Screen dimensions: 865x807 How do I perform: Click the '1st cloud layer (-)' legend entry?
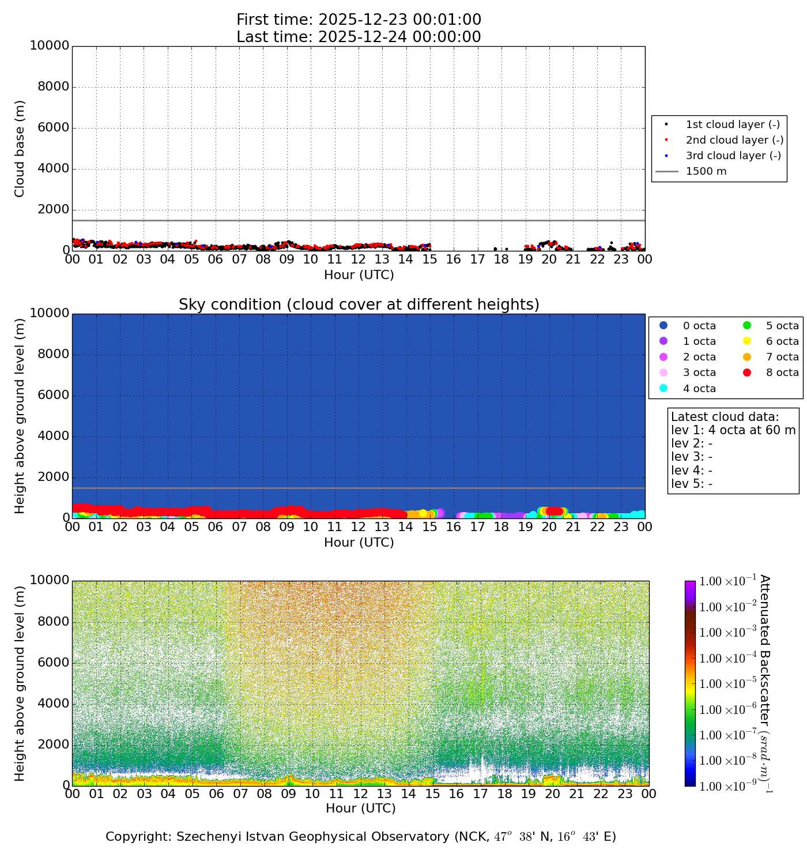732,125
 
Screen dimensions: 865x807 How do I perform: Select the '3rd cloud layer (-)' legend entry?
733,156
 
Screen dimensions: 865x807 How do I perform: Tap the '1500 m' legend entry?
706,171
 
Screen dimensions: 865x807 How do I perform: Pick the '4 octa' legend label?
699,389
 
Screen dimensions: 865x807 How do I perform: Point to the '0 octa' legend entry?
699,326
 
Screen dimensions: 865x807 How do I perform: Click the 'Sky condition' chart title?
359,304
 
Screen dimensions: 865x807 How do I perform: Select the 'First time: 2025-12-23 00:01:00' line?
359,20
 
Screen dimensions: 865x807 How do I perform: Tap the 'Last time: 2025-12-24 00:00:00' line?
359,37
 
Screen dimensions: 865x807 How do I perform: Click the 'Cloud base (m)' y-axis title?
20,149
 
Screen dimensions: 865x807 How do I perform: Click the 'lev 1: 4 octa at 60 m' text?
733,430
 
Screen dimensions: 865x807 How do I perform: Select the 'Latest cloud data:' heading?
725,417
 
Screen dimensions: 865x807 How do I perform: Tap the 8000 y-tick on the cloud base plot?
54,87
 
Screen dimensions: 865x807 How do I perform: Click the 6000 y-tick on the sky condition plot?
54,396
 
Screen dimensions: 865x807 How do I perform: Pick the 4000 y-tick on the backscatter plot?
54,704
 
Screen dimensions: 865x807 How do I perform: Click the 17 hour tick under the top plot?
478,259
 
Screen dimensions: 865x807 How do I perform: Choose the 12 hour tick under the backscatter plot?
360,794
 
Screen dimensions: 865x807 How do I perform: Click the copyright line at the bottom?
360,837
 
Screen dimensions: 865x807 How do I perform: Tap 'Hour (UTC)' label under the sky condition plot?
359,543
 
